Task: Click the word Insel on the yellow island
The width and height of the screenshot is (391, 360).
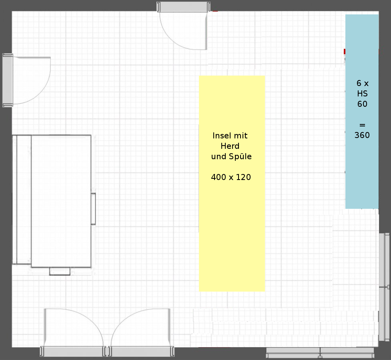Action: pyautogui.click(x=221, y=136)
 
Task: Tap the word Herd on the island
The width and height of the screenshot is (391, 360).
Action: pyautogui.click(x=230, y=146)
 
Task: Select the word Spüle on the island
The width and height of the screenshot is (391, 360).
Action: pyautogui.click(x=241, y=156)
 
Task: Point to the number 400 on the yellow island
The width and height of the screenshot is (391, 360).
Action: pyautogui.click(x=219, y=177)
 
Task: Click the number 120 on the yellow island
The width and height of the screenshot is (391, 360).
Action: pyautogui.click(x=243, y=177)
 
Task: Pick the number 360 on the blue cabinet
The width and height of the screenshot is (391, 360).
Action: pyautogui.click(x=362, y=135)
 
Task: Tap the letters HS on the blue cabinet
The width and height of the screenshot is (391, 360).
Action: pyautogui.click(x=362, y=94)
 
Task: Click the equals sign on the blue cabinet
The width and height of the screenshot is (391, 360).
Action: pyautogui.click(x=362, y=125)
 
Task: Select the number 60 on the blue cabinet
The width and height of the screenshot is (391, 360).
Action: pyautogui.click(x=362, y=104)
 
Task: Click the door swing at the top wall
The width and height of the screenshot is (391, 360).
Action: pyautogui.click(x=174, y=40)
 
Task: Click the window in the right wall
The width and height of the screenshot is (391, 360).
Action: pyautogui.click(x=385, y=287)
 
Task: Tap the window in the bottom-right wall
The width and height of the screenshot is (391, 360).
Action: pyautogui.click(x=320, y=353)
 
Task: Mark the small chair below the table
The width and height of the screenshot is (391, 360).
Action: pyautogui.click(x=60, y=271)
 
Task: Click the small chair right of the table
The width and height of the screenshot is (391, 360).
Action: pyautogui.click(x=93, y=209)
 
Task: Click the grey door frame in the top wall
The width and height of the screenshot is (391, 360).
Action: pyautogui.click(x=184, y=7)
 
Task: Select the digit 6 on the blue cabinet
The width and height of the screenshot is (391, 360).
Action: pyautogui.click(x=359, y=83)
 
